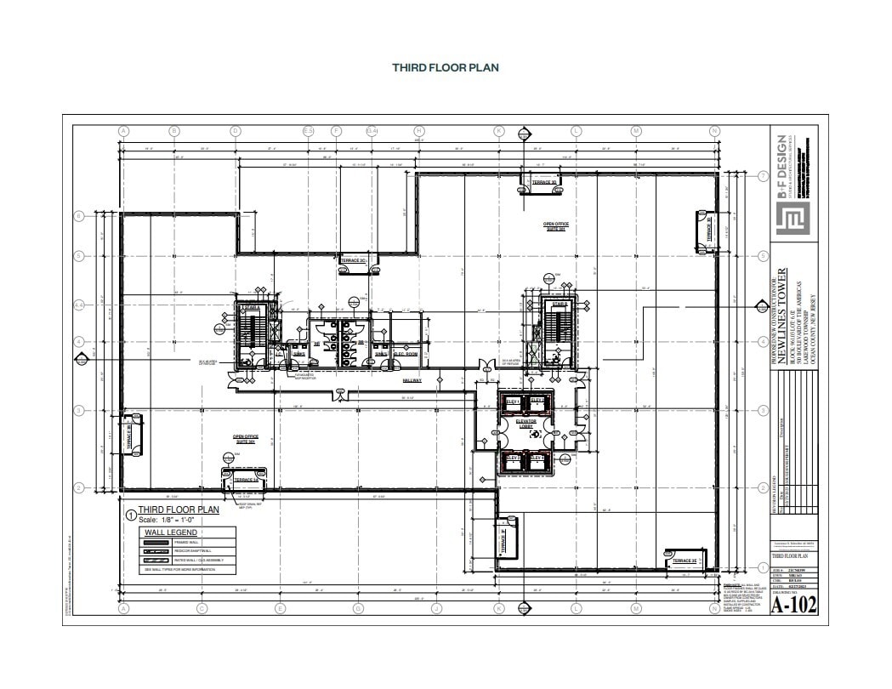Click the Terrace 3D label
point(544,182)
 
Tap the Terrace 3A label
point(245,480)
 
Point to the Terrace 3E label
point(685,561)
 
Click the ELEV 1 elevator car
point(513,401)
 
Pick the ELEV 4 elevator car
point(537,459)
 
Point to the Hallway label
point(412,380)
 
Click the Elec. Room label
point(405,354)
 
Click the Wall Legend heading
point(170,532)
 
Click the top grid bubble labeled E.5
point(309,131)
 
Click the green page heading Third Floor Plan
point(445,67)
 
